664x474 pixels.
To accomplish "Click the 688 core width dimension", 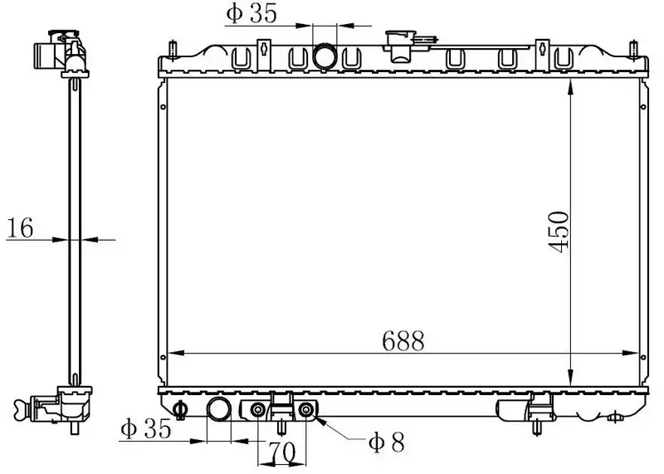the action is click(x=403, y=341).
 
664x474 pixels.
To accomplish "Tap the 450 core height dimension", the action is click(x=558, y=232).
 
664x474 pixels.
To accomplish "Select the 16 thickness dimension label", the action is click(x=20, y=228).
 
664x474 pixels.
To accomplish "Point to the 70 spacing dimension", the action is click(x=281, y=452).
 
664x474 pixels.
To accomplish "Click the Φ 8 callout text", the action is click(x=387, y=443).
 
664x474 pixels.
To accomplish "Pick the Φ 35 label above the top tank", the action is click(x=251, y=13).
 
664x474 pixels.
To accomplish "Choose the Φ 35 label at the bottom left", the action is click(x=146, y=428).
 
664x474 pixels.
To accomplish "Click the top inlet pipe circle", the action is click(x=325, y=56).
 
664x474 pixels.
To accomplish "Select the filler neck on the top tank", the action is click(x=400, y=46).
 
